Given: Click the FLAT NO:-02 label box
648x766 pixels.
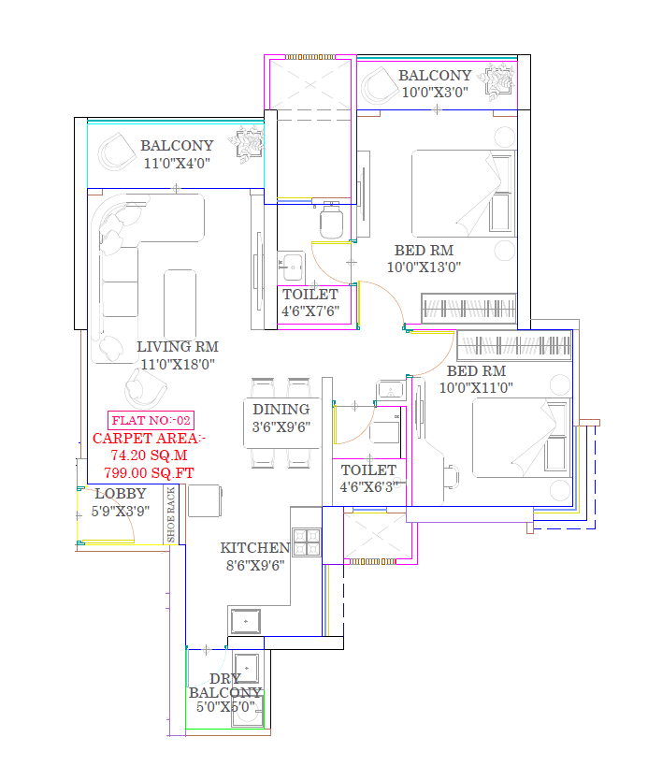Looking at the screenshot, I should coord(151,420).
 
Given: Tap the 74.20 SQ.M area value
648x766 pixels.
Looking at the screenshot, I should coord(144,455).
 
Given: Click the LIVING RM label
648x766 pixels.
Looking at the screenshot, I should coord(177,347).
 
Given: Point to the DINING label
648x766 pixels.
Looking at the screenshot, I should coord(281,409).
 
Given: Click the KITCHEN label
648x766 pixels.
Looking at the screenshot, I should coord(254,548).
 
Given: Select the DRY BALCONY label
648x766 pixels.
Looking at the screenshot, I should coord(225,686).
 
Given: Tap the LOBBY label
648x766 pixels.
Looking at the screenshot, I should coord(120,493).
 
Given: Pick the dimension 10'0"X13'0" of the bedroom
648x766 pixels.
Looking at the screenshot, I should coord(424,267).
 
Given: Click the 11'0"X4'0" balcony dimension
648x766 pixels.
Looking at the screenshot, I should coord(177,163).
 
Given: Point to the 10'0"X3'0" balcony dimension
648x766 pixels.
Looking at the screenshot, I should coord(435,92).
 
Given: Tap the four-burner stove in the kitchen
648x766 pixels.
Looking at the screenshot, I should coord(307,543).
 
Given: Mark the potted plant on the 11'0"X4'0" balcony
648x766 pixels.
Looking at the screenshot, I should coord(248,146).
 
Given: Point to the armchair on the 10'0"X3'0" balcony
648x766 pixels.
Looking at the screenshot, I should coord(380,84).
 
